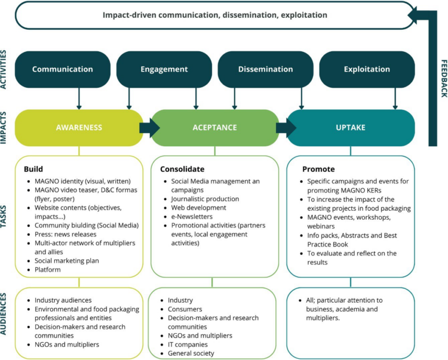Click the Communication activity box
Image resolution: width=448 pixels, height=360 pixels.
click(x=62, y=69)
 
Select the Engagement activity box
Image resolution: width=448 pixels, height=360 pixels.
click(x=164, y=69)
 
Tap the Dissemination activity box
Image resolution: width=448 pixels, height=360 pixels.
click(x=265, y=69)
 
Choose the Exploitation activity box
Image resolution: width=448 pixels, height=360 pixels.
click(x=367, y=69)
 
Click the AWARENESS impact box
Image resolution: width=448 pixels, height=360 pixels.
click(x=79, y=127)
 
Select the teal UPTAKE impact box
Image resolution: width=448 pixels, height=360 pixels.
click(x=351, y=127)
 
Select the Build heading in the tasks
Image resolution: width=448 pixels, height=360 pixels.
click(x=34, y=169)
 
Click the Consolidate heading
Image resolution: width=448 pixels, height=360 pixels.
click(x=182, y=169)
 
